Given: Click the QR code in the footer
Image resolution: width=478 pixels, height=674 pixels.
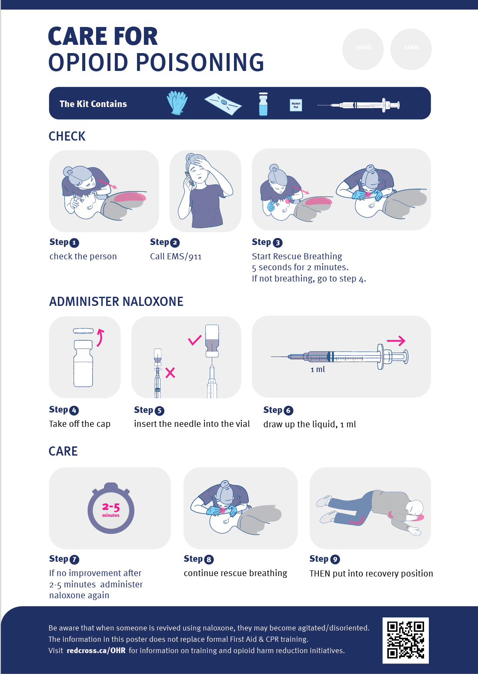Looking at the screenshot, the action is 405,640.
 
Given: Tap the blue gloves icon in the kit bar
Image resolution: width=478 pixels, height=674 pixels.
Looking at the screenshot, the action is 177,103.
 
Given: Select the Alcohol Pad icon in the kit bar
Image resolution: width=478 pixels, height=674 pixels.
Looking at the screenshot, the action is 296,105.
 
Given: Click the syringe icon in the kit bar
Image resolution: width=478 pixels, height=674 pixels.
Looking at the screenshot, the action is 359,105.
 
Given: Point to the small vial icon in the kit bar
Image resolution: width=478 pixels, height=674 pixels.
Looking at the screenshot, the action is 263,104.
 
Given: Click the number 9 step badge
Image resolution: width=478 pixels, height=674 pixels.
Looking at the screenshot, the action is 335,559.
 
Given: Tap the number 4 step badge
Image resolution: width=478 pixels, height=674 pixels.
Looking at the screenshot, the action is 74,410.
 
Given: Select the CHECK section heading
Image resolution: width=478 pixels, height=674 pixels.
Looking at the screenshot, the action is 67,136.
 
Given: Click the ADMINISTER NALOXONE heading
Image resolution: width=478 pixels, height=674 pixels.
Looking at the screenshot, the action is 116,302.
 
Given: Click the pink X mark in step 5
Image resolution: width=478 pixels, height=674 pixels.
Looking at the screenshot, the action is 170,372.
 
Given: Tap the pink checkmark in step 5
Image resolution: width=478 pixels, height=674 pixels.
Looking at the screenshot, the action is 194,340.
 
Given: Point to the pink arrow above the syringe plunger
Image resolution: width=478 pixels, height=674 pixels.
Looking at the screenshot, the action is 396,341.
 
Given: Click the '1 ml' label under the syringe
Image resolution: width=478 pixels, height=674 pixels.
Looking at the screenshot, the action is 318,369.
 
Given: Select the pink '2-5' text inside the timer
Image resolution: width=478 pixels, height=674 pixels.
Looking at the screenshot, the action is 111,506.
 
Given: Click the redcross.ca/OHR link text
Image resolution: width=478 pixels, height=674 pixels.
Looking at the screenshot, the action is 96,651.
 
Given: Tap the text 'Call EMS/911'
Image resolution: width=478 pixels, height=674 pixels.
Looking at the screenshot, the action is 176,256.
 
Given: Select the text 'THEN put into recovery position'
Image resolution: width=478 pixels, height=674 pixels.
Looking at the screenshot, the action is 371,573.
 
